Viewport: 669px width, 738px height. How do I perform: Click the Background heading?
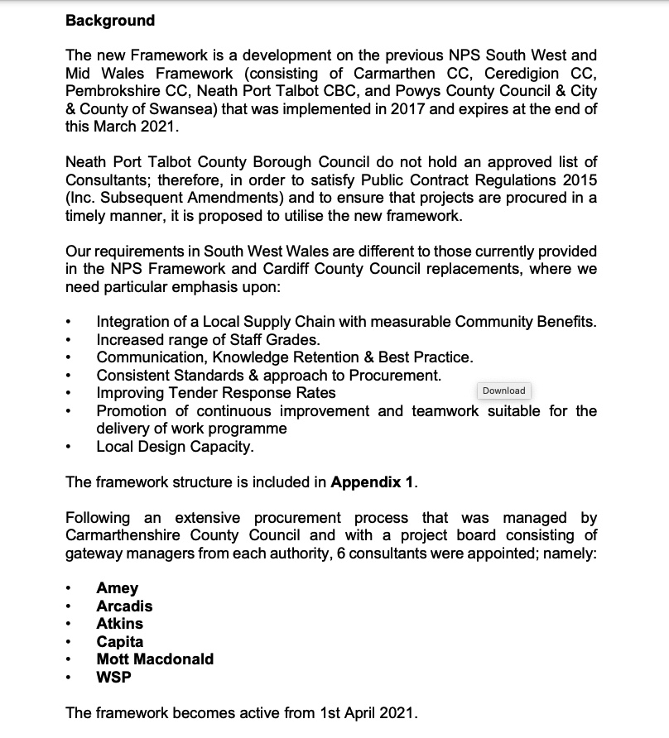pyautogui.click(x=110, y=20)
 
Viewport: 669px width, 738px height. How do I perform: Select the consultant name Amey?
pyautogui.click(x=118, y=588)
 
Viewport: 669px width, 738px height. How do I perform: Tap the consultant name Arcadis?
pyautogui.click(x=124, y=606)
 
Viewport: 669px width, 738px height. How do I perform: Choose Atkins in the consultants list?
pyautogui.click(x=119, y=624)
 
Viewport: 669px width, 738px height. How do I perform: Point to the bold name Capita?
pyautogui.click(x=119, y=641)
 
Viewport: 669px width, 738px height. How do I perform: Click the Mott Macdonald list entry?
pyautogui.click(x=155, y=659)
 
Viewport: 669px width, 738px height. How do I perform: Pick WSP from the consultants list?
pyautogui.click(x=113, y=677)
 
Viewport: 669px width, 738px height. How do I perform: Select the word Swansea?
pyautogui.click(x=191, y=109)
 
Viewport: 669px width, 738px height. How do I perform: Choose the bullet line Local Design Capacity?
pyautogui.click(x=175, y=447)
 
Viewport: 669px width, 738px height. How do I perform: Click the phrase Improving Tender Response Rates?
pyautogui.click(x=215, y=393)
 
